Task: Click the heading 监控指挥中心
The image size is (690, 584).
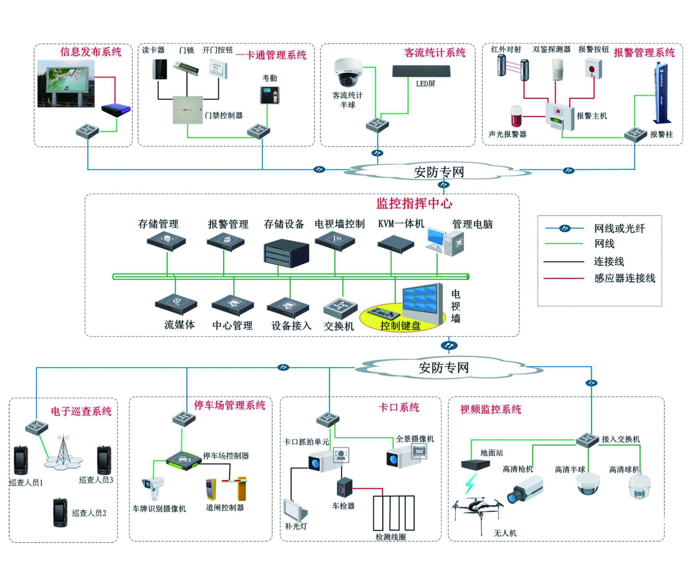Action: tap(414, 204)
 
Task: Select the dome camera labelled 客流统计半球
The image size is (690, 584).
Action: tap(348, 72)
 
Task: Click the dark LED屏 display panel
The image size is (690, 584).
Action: tap(421, 71)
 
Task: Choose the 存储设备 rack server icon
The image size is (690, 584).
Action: tap(286, 253)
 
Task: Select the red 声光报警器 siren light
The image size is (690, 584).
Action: tap(516, 116)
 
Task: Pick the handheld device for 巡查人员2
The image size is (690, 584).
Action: tap(60, 513)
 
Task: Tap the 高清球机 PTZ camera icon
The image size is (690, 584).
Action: tap(639, 486)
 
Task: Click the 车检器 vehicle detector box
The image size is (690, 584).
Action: tap(344, 488)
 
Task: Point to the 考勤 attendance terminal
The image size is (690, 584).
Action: tap(270, 95)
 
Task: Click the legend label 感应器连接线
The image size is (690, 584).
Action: tap(624, 278)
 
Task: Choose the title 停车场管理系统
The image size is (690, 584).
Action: tap(229, 405)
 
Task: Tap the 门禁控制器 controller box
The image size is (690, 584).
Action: tap(188, 110)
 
